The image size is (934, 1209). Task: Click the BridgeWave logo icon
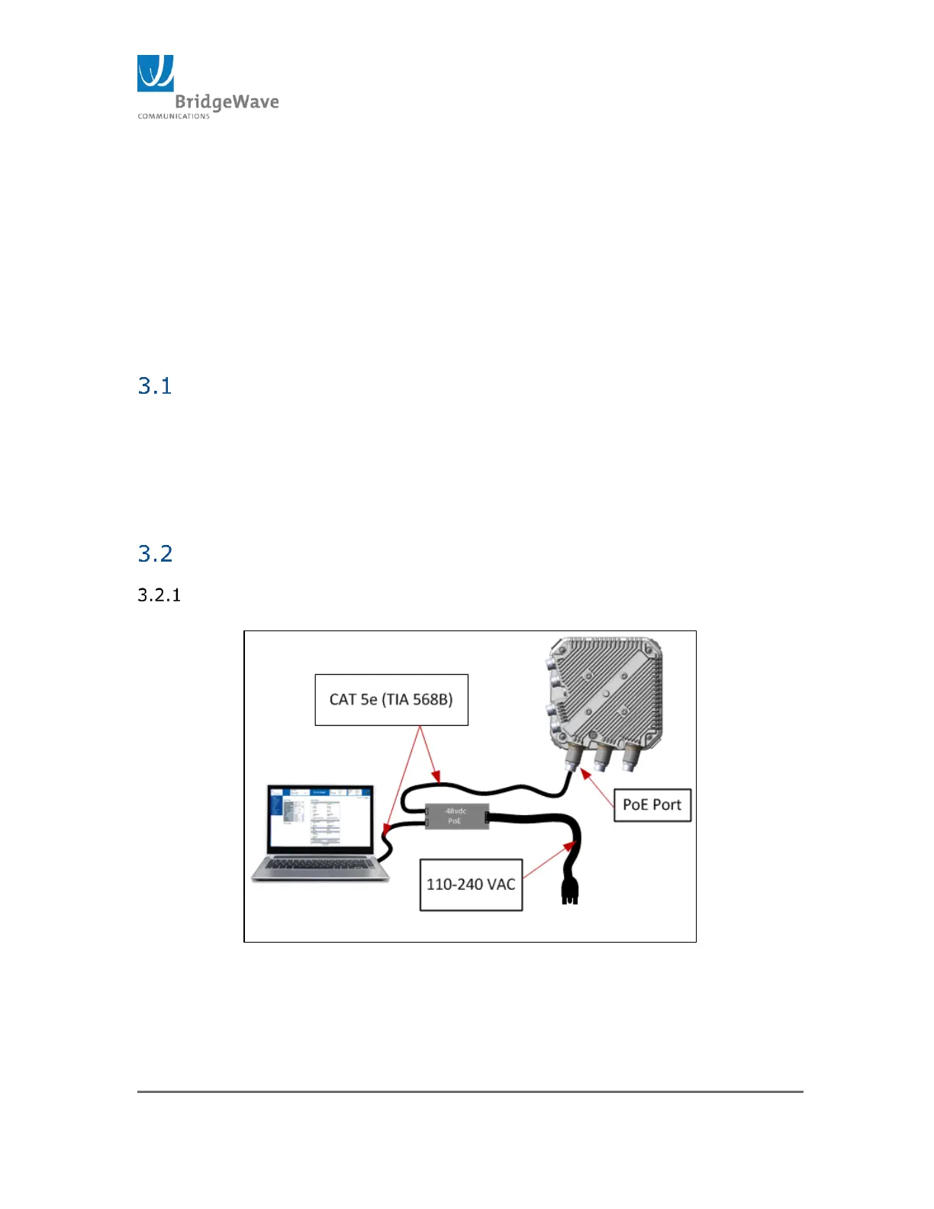point(156,73)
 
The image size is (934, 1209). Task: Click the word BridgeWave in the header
point(227,102)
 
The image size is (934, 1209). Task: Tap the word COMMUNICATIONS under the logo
point(173,117)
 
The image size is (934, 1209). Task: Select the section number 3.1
point(155,386)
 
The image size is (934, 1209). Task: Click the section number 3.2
point(155,553)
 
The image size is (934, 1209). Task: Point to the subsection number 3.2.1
point(159,595)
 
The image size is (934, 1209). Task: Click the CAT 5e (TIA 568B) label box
point(391,700)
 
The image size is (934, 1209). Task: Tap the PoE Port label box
point(652,805)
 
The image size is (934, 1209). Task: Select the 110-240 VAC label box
point(471,885)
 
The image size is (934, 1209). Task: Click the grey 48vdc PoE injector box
point(456,817)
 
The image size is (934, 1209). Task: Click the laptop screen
point(320,817)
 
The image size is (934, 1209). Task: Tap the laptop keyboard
point(320,866)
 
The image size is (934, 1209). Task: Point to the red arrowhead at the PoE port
point(585,774)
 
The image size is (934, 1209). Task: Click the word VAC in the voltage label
point(501,885)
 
